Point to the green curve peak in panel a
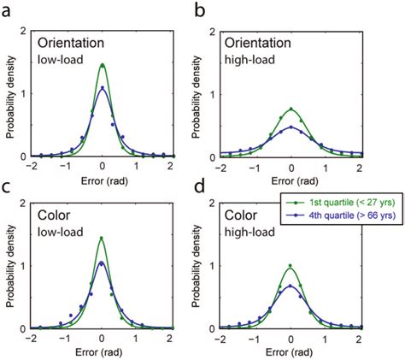pyautogui.click(x=103, y=65)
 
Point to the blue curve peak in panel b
pyautogui.click(x=292, y=127)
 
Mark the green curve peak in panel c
pyautogui.click(x=103, y=239)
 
